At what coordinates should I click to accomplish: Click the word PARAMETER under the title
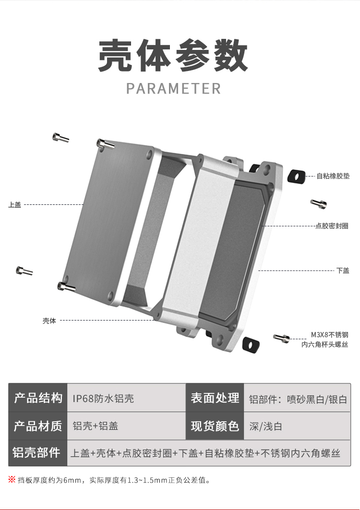pos(173,89)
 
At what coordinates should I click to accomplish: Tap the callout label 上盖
pos(15,205)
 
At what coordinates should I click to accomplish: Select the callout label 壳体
pos(49,320)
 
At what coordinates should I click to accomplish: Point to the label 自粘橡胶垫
pos(333,176)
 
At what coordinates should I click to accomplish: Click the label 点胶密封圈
pos(332,225)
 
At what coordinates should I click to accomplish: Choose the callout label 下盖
pos(343,271)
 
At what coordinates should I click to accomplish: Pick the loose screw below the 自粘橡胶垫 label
pos(318,203)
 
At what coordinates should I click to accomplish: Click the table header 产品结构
pos(38,398)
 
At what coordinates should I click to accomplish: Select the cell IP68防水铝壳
pos(103,398)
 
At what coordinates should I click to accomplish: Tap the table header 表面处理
pos(215,398)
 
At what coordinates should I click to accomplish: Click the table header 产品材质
pos(38,426)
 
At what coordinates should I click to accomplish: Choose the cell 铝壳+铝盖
pos(96,426)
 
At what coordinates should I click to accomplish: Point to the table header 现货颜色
pos(215,426)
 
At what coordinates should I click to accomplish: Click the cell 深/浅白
pos(265,426)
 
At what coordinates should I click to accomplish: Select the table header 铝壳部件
pos(37,452)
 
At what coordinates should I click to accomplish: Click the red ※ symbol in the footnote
pos(12,479)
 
